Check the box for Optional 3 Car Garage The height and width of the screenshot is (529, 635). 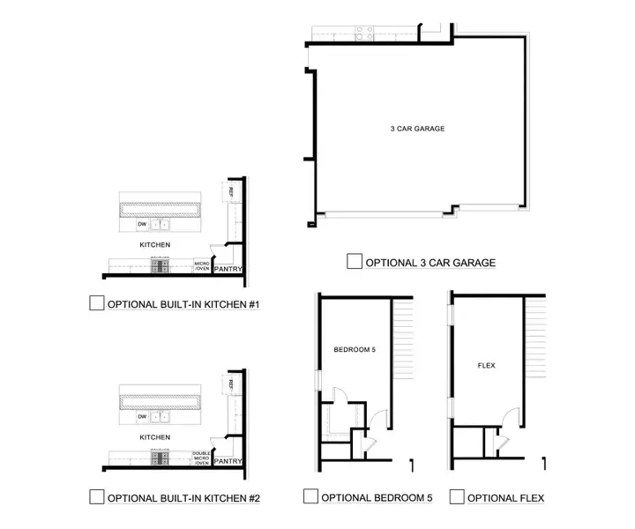355,262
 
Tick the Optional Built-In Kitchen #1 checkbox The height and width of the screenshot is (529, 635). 97,304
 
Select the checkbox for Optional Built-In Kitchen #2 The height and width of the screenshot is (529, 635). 97,497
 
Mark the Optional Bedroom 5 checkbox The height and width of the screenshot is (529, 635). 310,497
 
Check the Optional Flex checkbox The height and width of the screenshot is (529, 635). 456,497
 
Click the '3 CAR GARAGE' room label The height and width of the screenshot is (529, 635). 417,129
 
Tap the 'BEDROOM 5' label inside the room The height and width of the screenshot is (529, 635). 355,350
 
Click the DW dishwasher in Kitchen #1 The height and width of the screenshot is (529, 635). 141,225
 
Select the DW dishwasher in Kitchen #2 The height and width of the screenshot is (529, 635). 141,417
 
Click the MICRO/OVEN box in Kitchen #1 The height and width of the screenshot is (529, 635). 201,264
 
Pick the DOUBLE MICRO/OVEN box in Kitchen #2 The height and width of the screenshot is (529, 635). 201,457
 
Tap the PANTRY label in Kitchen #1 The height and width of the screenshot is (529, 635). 228,269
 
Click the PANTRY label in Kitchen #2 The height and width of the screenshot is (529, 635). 228,461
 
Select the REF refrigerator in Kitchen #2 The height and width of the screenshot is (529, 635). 230,384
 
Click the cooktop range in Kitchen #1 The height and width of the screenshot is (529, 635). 161,264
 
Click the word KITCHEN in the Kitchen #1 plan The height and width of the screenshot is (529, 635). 155,244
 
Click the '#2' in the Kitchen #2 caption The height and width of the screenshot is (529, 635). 254,498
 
